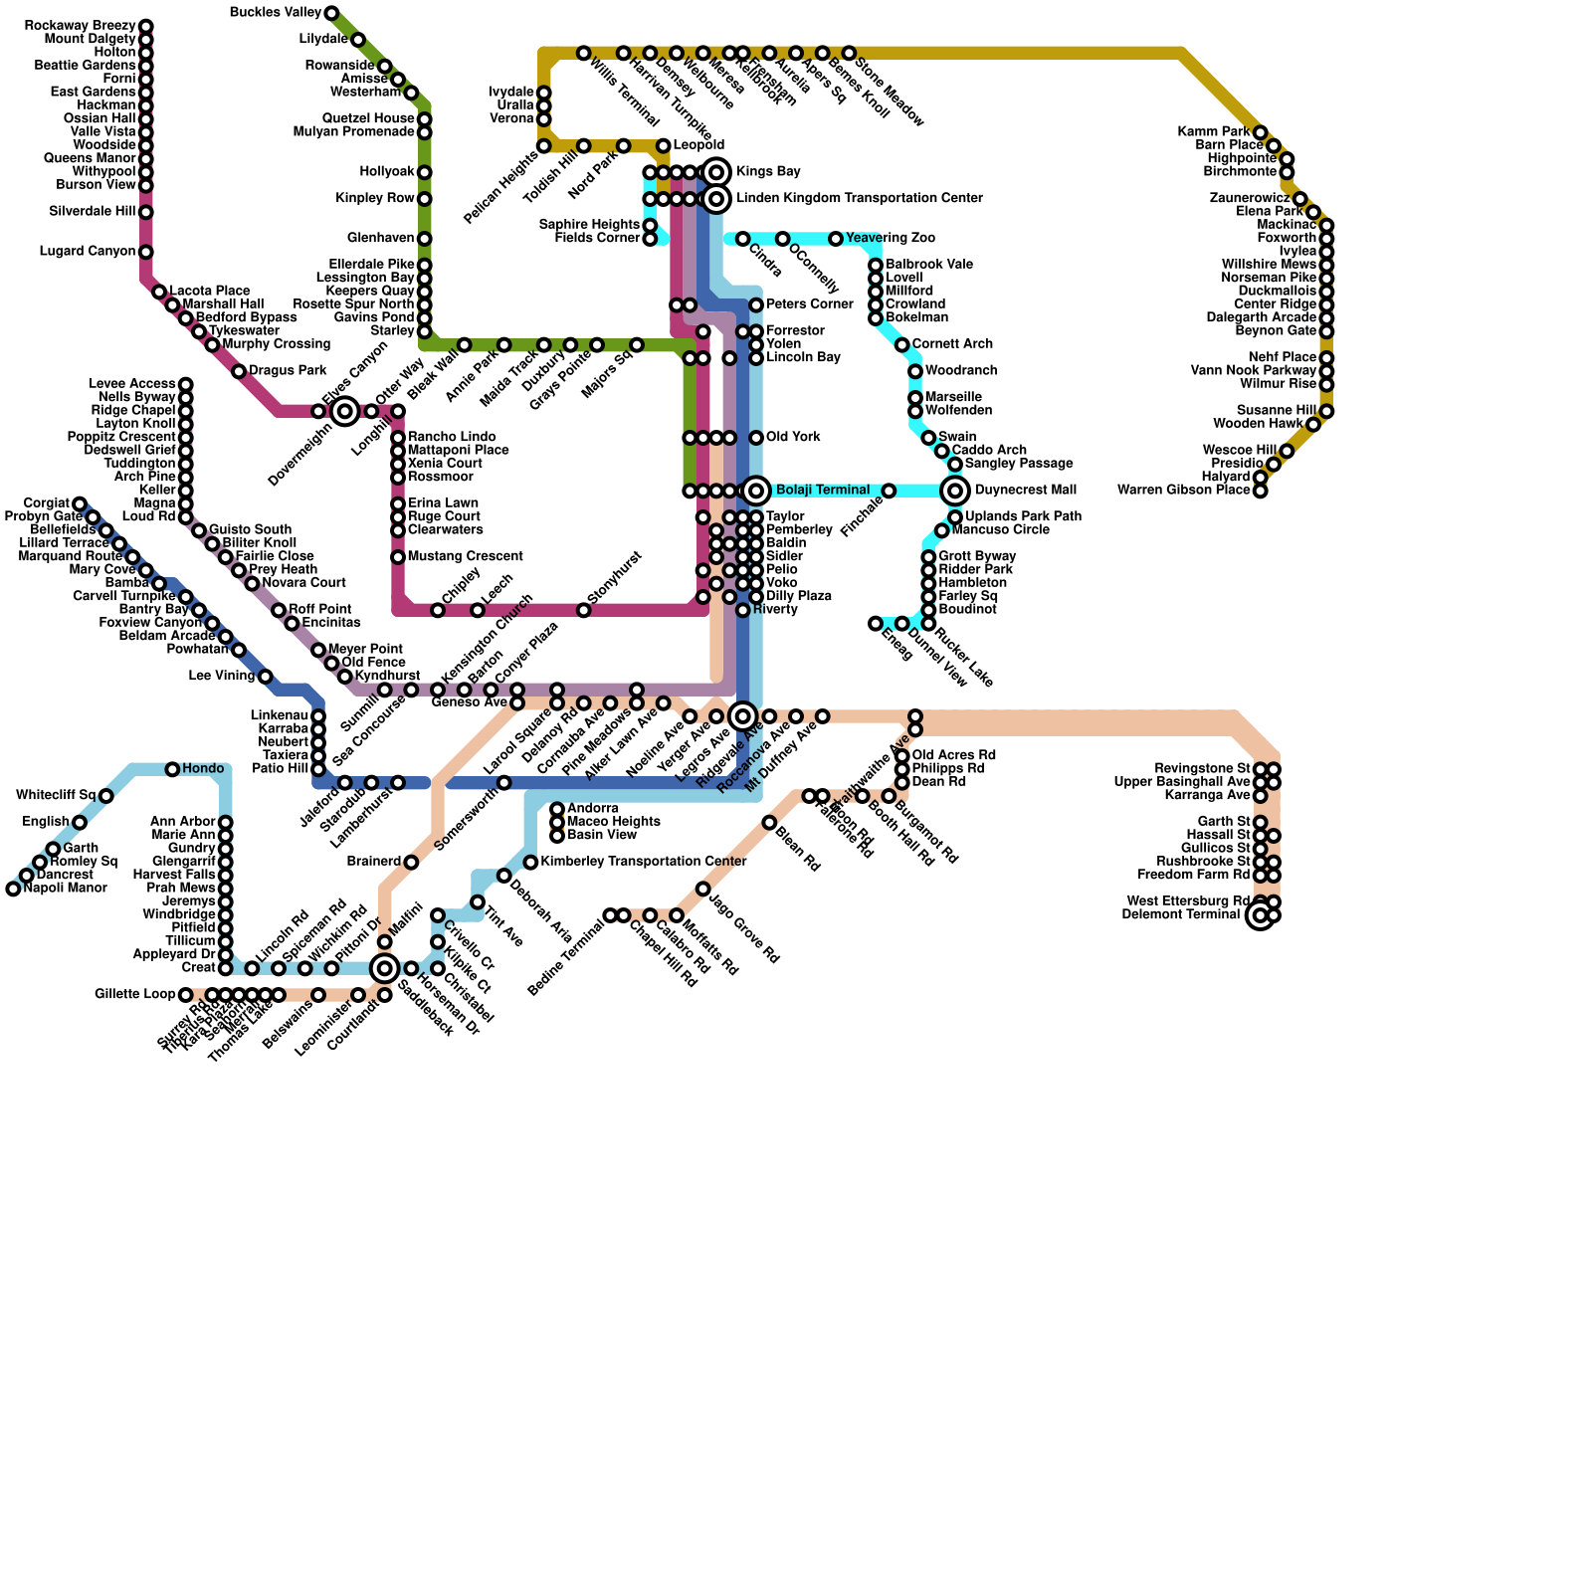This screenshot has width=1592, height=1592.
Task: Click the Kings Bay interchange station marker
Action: coord(716,172)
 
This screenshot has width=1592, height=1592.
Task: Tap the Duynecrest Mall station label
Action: coord(1025,491)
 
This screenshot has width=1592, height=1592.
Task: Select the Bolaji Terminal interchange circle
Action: coord(756,490)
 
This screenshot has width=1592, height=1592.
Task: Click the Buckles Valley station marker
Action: coord(331,13)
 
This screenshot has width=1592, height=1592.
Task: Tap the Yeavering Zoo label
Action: coord(890,239)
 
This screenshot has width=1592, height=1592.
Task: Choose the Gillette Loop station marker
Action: coord(186,995)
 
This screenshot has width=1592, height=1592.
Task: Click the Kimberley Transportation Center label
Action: coord(643,862)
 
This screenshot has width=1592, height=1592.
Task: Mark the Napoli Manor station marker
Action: coord(13,889)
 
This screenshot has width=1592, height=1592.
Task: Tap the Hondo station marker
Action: coord(172,769)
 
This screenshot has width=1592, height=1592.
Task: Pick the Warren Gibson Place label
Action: coord(1183,491)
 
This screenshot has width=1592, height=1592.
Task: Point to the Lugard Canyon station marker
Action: coord(146,252)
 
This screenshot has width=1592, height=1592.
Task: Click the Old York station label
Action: coord(793,438)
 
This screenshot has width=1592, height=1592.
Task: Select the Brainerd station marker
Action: coord(411,862)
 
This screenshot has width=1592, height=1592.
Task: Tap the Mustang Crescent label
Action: coord(465,557)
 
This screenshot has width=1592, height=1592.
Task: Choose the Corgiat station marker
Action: coord(80,503)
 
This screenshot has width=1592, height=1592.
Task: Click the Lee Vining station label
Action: coord(221,677)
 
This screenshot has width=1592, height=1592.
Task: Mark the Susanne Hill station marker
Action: coord(1326,411)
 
